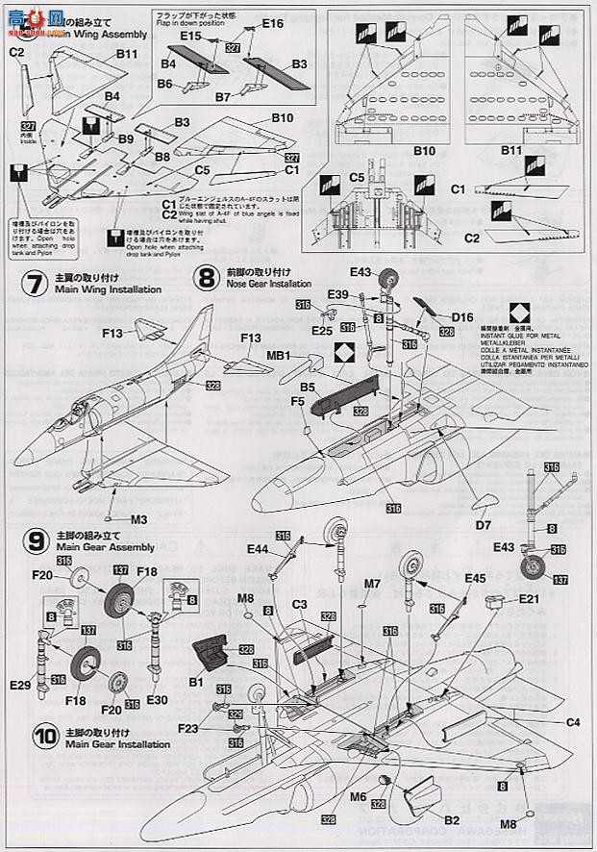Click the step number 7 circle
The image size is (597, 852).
coord(34,284)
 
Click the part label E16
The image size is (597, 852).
coord(272,23)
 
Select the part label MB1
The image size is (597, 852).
coord(280,357)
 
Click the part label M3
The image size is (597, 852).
coord(138,519)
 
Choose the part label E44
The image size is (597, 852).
coord(258,548)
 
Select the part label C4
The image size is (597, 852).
coord(574,722)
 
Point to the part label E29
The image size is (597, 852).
coord(19,685)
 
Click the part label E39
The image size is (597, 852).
coord(338,294)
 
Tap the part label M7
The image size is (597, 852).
coord(373,582)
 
